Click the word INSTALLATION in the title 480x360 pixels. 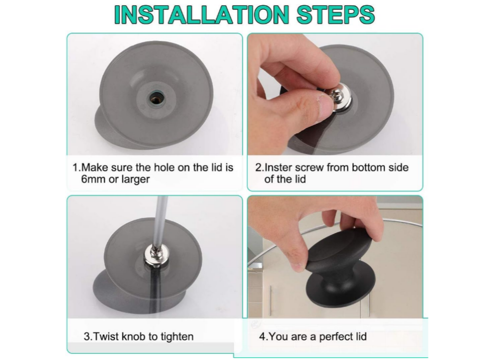tap(202, 14)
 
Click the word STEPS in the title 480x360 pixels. tap(336, 14)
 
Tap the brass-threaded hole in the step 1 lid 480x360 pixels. tap(156, 98)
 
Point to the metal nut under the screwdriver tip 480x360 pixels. tap(156, 256)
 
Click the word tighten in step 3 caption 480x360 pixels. tap(177, 337)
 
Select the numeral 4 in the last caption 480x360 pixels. tap(263, 337)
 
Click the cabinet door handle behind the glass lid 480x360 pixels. tap(270, 300)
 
